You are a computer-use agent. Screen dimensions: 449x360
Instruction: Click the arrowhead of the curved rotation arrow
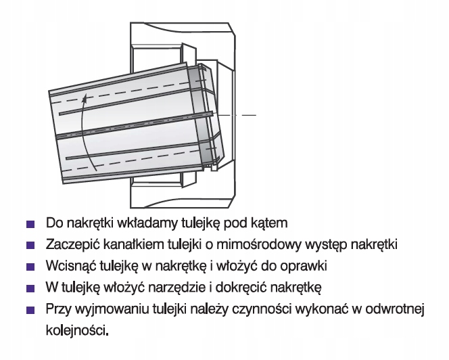point(84,99)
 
